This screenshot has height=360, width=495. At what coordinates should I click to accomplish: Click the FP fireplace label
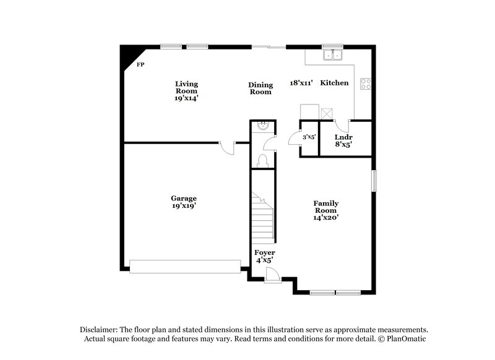tap(140, 64)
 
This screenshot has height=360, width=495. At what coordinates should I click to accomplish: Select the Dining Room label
tap(260, 88)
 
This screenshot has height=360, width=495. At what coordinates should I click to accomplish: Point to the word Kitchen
tap(334, 83)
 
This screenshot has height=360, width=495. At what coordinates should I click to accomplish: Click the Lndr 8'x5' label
tap(343, 140)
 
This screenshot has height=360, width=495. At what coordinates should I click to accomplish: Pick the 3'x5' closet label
tap(309, 137)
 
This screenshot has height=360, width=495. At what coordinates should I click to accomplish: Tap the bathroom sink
tap(262, 126)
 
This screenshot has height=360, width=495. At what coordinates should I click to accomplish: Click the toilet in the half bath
tap(262, 161)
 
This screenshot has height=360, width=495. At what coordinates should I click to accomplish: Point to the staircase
tap(262, 216)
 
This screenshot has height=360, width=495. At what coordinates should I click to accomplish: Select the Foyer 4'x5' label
tap(265, 257)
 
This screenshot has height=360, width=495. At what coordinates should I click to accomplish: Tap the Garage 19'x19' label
tap(184, 202)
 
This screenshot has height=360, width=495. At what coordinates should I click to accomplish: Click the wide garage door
tap(184, 266)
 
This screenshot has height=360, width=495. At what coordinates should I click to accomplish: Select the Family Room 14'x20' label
tap(325, 210)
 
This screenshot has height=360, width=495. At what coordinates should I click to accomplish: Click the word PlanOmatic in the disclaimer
tap(405, 339)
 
